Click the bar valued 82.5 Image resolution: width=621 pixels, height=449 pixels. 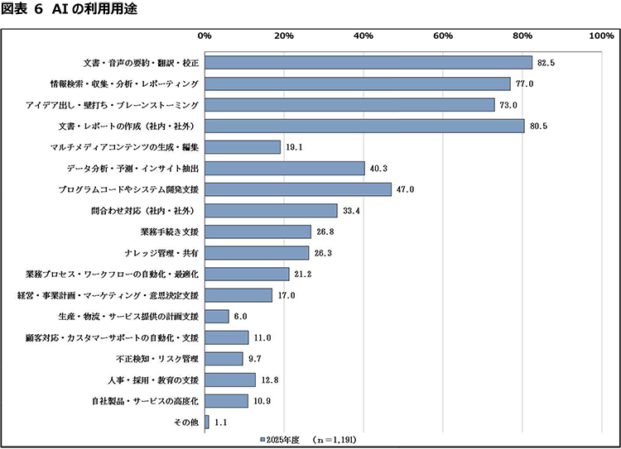click(368, 63)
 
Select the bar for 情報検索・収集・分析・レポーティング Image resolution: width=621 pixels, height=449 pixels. click(358, 84)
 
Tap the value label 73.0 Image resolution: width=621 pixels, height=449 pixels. click(508, 105)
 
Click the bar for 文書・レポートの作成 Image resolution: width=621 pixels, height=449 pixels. click(364, 127)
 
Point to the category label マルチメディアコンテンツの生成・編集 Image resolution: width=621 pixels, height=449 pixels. click(124, 147)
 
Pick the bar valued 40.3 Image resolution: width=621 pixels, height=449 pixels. click(285, 168)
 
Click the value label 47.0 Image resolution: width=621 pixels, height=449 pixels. click(405, 189)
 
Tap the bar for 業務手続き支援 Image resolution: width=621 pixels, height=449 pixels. click(258, 232)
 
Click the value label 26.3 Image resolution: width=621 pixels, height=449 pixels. click(323, 253)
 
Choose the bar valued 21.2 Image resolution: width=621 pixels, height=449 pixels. click(247, 275)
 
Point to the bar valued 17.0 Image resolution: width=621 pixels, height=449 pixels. click(238, 295)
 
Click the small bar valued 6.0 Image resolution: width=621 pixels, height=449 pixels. click(217, 317)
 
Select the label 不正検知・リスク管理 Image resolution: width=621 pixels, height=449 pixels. click(157, 359)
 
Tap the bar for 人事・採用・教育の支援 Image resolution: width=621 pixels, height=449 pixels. click(230, 380)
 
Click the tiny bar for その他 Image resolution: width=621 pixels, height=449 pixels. click(207, 422)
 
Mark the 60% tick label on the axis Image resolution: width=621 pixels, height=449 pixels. click(443, 36)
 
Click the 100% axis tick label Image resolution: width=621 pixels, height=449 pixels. click(602, 36)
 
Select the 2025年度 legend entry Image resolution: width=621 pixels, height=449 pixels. click(280, 440)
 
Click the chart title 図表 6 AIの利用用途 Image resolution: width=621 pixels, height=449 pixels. click(70, 9)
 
